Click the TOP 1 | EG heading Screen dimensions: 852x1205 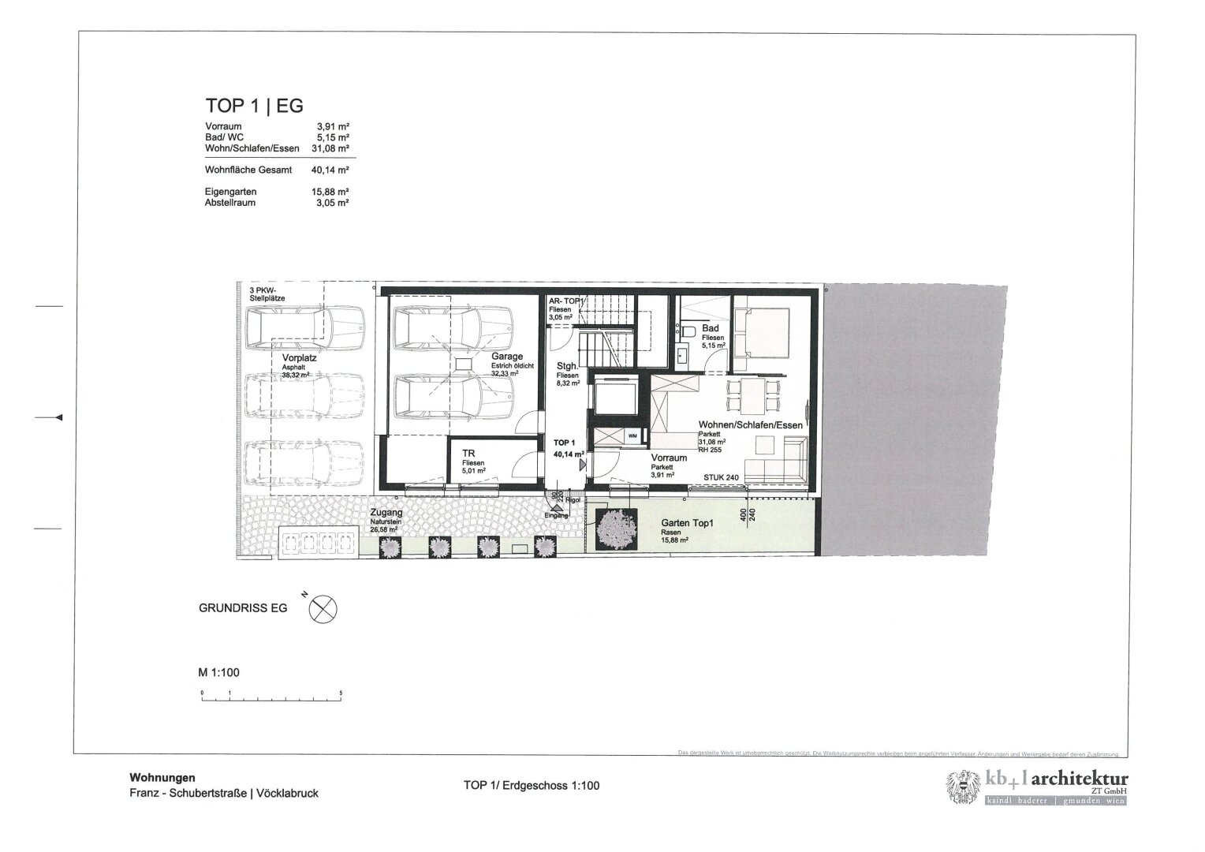pyautogui.click(x=254, y=106)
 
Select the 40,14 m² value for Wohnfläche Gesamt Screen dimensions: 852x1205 pyautogui.click(x=332, y=170)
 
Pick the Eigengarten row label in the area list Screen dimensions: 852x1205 pyautogui.click(x=230, y=192)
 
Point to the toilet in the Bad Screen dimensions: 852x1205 pyautogui.click(x=688, y=331)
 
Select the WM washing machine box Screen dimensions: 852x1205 pyautogui.click(x=632, y=435)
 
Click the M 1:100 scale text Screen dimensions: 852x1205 pyautogui.click(x=218, y=673)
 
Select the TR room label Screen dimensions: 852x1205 pyautogui.click(x=468, y=454)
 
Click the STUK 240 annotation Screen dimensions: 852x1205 pyautogui.click(x=721, y=478)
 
